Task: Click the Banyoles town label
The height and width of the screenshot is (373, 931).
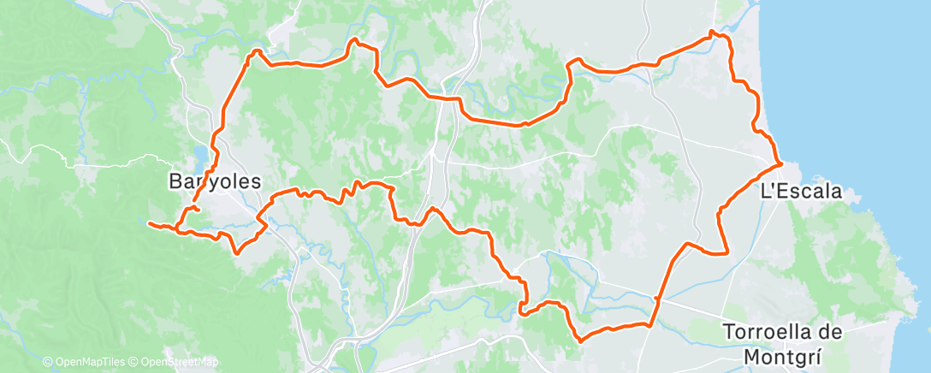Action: coord(213,181)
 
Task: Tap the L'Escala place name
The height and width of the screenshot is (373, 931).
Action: coord(801,192)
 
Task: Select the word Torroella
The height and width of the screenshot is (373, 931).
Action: coord(770,331)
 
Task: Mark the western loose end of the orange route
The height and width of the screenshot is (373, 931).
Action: coord(150,224)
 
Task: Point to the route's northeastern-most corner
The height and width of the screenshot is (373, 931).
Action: coord(714,33)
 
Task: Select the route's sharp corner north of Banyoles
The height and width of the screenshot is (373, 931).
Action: coord(252,53)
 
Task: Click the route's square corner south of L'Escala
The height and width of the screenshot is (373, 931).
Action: coord(726,252)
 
